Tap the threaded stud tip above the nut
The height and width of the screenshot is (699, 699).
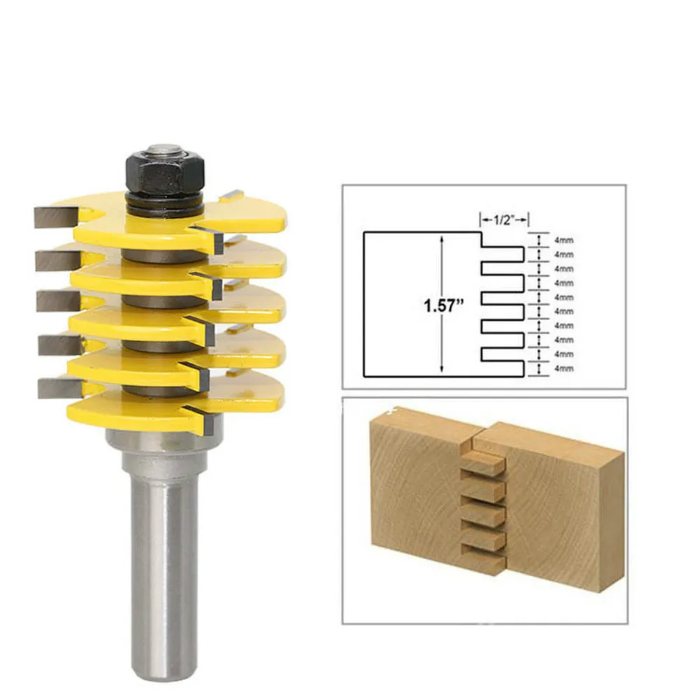pos(165,149)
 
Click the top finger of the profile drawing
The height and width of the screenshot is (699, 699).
pos(503,254)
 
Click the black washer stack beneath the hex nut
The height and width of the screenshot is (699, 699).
pos(165,203)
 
